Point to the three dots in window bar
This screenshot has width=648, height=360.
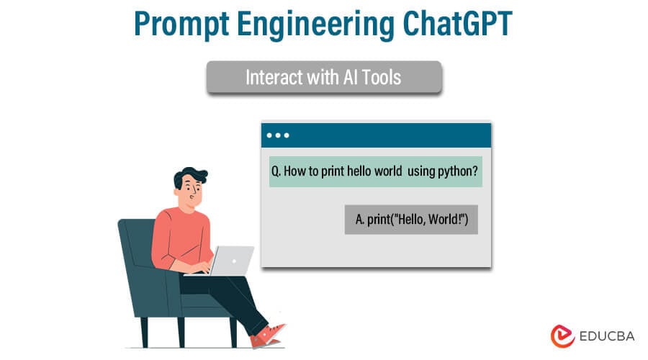click(277, 135)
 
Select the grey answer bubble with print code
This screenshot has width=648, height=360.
click(411, 219)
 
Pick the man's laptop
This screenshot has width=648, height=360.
click(229, 260)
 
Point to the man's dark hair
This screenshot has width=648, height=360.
click(189, 175)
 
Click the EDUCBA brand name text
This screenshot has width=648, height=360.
click(604, 336)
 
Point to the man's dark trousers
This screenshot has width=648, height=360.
click(230, 295)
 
